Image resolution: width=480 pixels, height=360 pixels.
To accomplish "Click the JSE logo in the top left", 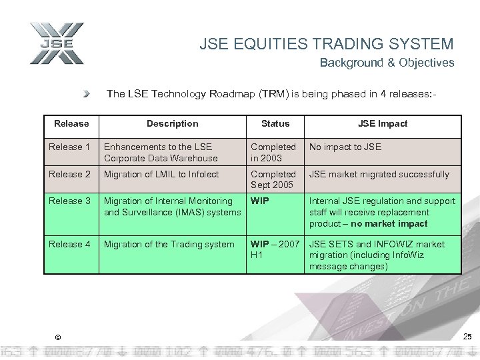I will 57,44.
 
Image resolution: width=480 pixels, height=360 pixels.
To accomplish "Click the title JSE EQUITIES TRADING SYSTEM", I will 326,45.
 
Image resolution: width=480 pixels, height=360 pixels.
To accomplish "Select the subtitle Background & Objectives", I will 387,63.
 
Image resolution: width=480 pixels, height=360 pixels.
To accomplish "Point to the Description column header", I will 172,123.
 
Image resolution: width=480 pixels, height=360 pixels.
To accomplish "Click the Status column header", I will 275,123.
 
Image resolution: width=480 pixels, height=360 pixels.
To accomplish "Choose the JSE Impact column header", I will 382,123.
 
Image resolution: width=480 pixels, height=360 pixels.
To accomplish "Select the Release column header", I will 71,123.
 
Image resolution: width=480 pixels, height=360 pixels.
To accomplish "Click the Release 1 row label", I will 69,147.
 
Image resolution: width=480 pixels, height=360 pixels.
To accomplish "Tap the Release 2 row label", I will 69,174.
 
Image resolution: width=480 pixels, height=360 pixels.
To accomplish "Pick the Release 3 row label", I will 69,201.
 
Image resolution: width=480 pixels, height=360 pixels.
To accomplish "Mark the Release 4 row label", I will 69,244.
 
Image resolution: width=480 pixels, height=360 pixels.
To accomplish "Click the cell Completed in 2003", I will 273,152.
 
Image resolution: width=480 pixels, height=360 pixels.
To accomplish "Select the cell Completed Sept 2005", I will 273,180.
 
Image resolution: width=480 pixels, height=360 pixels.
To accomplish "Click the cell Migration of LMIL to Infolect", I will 161,174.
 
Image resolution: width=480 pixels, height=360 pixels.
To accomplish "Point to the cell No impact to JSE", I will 345,147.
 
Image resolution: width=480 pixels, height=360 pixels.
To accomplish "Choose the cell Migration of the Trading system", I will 169,244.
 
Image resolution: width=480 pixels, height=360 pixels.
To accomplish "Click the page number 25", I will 467,335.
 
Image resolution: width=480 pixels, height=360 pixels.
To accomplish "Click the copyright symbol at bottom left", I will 57,336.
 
